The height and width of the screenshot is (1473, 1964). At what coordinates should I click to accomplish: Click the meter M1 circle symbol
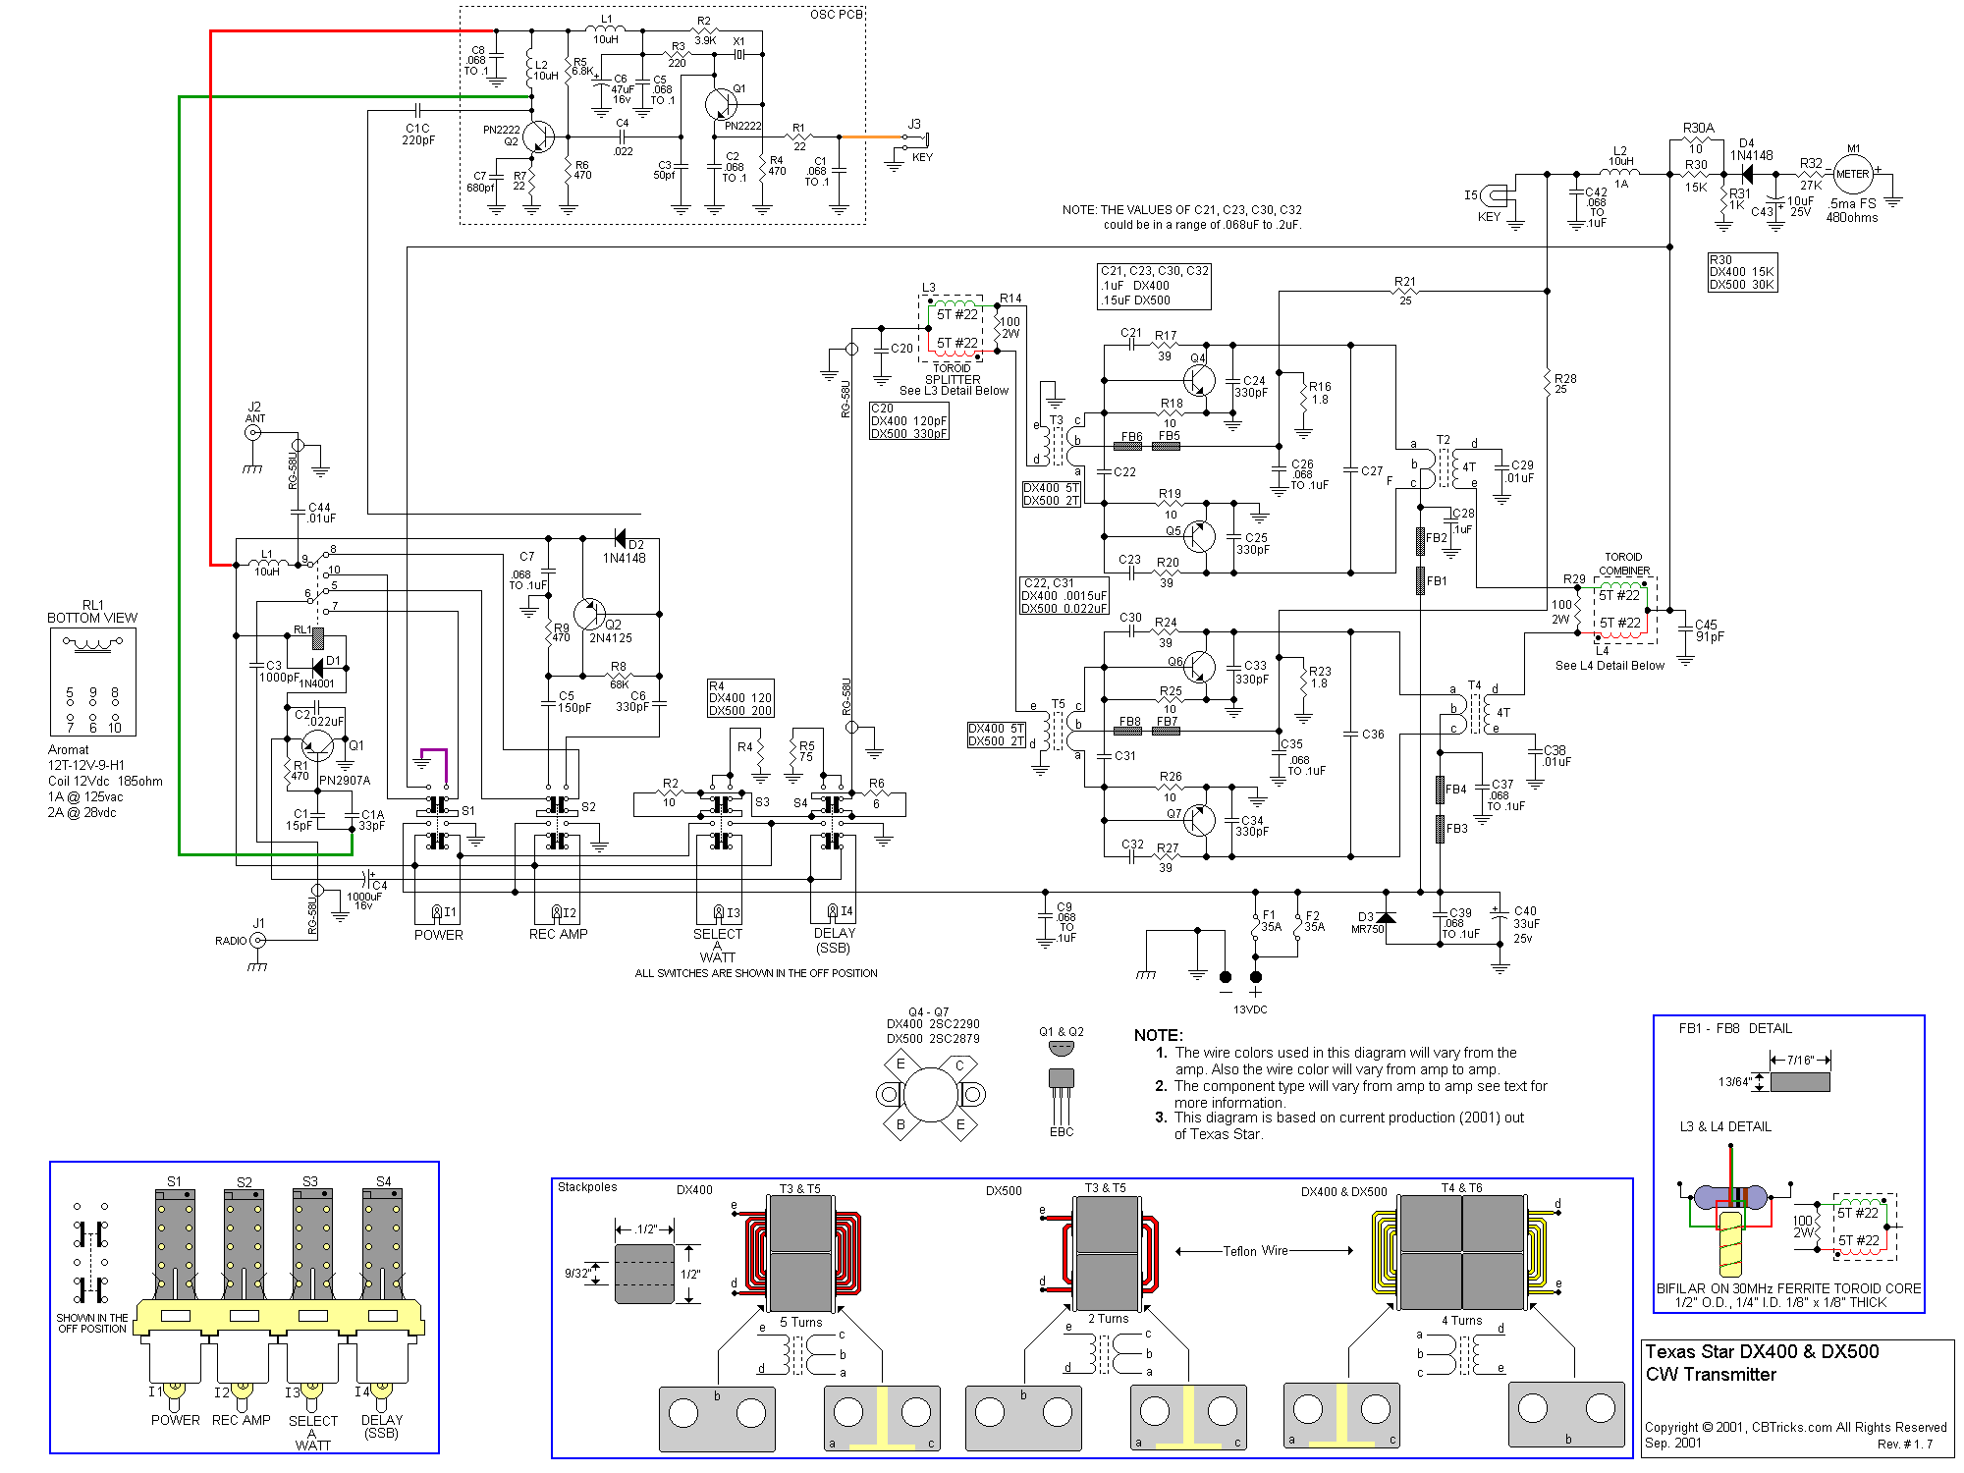[x=1852, y=175]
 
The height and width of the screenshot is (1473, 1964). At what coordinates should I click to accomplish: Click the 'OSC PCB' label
[x=836, y=15]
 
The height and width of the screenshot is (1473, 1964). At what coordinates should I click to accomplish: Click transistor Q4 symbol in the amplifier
[x=1198, y=379]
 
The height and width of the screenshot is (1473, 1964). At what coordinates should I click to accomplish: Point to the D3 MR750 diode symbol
[x=1386, y=917]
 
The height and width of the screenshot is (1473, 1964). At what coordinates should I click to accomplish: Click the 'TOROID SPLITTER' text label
[x=952, y=374]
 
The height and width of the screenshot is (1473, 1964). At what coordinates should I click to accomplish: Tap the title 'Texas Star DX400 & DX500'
[x=1762, y=1351]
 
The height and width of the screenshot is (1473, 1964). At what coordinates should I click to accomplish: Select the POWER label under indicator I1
[x=438, y=935]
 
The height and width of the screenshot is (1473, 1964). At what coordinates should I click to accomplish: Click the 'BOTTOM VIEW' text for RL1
[x=92, y=618]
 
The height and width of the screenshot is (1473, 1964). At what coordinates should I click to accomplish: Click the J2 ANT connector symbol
[x=254, y=432]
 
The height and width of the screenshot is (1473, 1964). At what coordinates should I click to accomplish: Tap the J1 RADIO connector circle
[x=257, y=940]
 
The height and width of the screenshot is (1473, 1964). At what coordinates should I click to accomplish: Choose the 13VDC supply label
[x=1249, y=1009]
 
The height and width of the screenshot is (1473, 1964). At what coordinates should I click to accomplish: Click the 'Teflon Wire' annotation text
[x=1255, y=1251]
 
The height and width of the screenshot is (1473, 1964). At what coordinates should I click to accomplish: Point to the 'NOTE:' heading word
[x=1158, y=1035]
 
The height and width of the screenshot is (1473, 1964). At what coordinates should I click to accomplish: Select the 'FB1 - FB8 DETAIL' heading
[x=1735, y=1028]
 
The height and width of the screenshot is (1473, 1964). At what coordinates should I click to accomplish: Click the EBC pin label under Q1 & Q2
[x=1062, y=1132]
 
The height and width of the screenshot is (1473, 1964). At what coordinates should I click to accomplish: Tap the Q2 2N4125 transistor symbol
[x=590, y=615]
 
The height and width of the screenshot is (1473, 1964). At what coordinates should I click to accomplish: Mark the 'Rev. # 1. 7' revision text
[x=1904, y=1444]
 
